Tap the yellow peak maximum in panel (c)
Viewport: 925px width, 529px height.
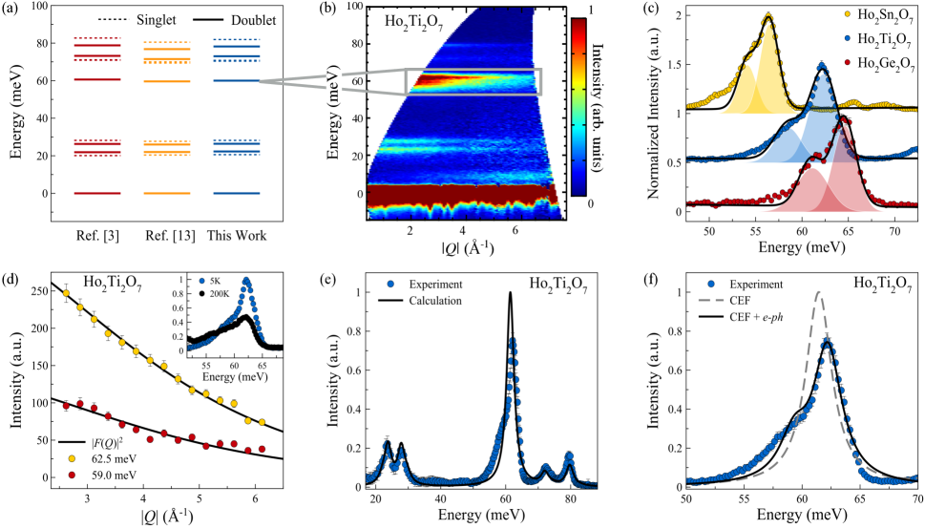(x=768, y=15)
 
